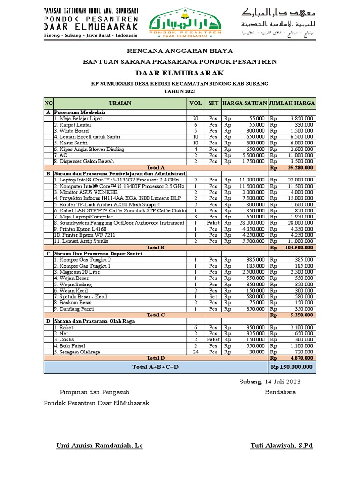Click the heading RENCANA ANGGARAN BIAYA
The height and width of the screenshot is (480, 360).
(x=180, y=51)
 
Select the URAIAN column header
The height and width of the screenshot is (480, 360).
(x=120, y=103)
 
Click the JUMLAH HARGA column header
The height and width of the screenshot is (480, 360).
(x=292, y=103)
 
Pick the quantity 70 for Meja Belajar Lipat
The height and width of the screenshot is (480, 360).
(x=195, y=119)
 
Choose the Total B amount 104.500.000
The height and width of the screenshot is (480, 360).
(x=299, y=247)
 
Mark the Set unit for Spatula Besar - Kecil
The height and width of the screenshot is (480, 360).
(x=213, y=296)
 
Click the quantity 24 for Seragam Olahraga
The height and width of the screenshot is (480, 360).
(x=195, y=352)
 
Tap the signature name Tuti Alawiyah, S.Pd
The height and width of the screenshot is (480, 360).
(x=282, y=445)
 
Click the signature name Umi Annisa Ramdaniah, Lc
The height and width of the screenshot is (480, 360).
(x=99, y=445)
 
